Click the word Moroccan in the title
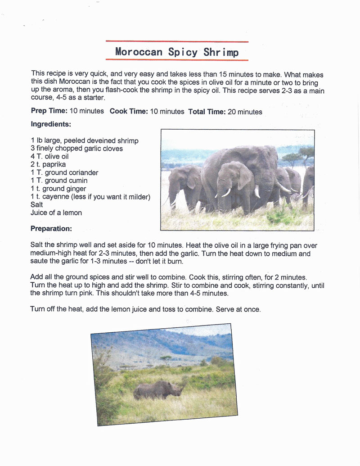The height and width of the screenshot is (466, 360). tap(139, 51)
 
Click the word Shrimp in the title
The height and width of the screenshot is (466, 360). tap(221, 52)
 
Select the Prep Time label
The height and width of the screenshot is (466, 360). tap(49, 111)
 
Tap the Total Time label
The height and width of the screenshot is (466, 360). tap(207, 111)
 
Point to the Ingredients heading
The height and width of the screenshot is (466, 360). tap(51, 124)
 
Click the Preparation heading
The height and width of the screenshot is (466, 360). tap(51, 228)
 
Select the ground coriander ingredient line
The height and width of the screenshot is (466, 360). tap(64, 172)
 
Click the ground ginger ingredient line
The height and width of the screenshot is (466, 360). tap(58, 189)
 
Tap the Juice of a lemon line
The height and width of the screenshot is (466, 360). tap(56, 213)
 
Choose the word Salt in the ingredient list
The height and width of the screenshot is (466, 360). tap(37, 204)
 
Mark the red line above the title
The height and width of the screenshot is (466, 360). tap(177, 42)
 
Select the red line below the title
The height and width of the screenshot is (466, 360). tap(177, 60)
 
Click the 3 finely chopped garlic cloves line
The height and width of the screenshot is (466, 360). tap(76, 148)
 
